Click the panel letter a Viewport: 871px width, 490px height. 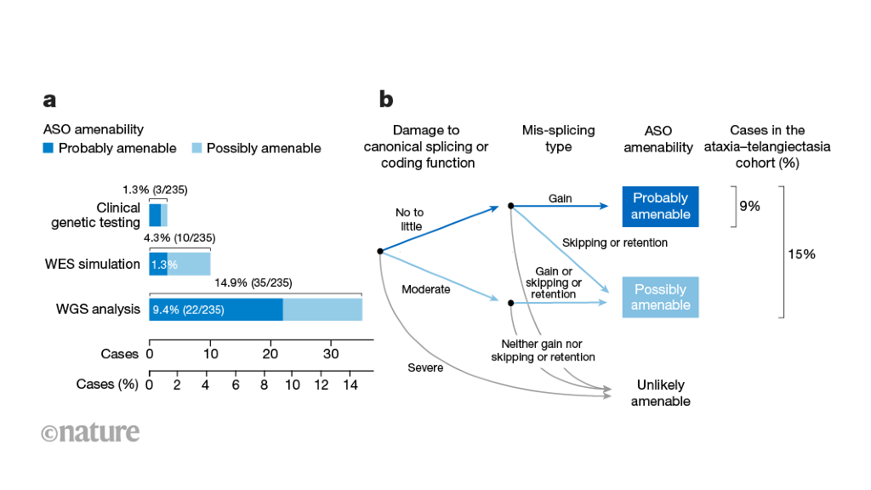pos(49,100)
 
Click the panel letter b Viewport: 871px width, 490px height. pos(385,100)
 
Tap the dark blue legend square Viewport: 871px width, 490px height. pos(48,148)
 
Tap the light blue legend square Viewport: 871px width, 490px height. pos(196,148)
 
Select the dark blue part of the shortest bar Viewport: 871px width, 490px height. pos(154,215)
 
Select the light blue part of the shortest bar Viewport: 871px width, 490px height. pos(164,215)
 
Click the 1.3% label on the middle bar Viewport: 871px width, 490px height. pos(164,265)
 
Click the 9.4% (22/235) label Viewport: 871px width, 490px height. pos(188,311)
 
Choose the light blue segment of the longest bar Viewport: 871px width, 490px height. pos(322,310)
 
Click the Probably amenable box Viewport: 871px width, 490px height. pos(660,206)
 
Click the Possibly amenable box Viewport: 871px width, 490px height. pos(660,298)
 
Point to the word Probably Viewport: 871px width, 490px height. pos(660,198)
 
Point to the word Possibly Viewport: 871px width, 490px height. pos(660,290)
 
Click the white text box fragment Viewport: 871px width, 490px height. pos(539,350)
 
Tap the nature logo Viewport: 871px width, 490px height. pos(90,433)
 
